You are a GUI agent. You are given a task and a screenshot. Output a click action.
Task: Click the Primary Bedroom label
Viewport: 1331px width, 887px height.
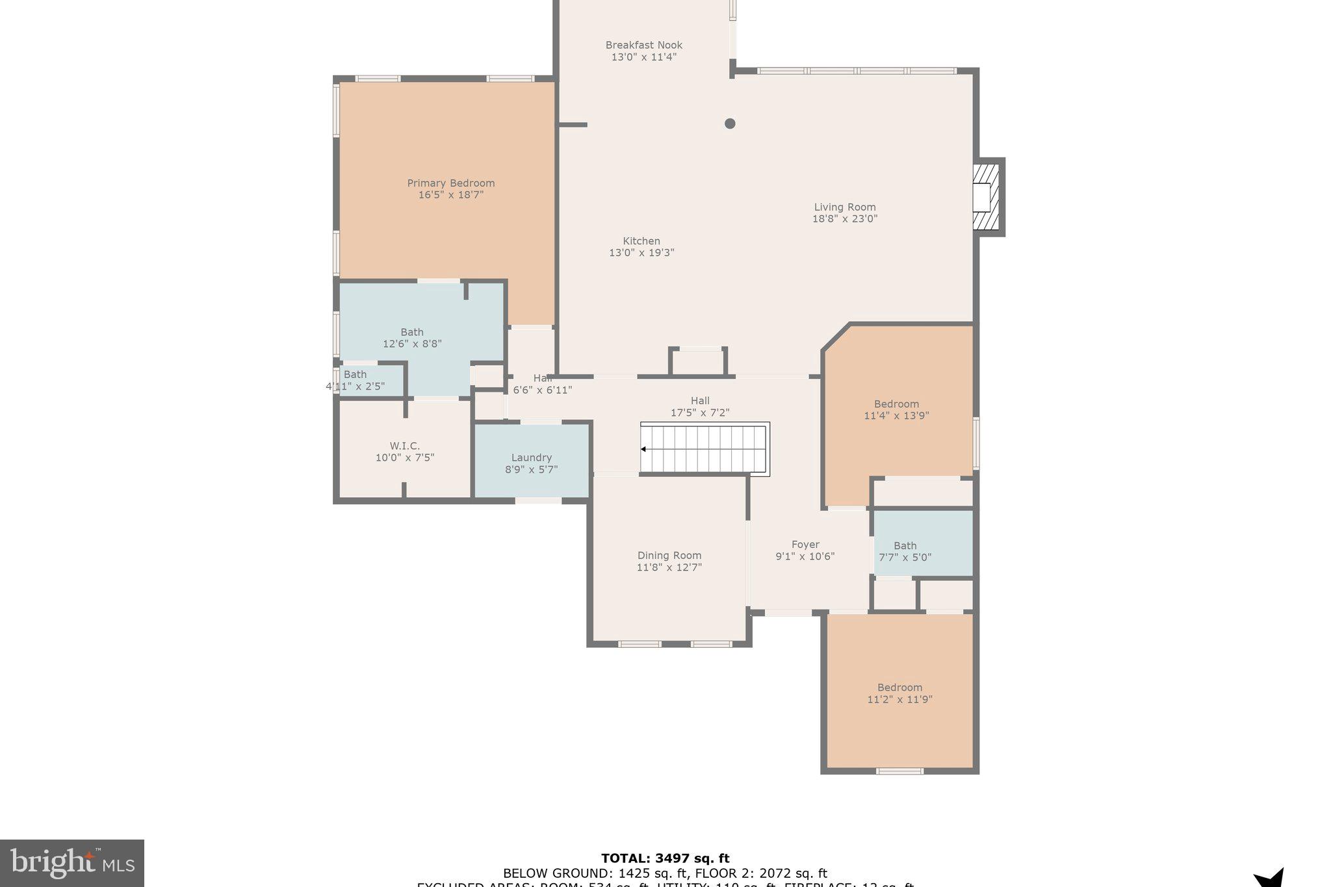click(450, 183)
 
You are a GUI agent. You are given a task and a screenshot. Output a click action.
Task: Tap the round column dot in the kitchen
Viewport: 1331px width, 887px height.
click(730, 123)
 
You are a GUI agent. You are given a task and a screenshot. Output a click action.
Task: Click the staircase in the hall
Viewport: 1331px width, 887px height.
click(704, 449)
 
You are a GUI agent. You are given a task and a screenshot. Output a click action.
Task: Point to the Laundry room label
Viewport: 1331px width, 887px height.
click(531, 457)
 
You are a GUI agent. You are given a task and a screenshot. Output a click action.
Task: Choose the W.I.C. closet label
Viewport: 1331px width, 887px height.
click(404, 446)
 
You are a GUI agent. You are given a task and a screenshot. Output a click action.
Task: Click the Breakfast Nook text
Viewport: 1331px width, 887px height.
click(643, 45)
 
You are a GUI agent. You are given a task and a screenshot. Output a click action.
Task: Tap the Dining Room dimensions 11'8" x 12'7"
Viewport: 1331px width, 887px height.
click(669, 567)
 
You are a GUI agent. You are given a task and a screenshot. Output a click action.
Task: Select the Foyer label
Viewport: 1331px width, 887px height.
click(805, 545)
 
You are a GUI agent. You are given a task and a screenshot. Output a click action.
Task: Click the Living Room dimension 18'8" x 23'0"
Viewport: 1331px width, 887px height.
click(844, 219)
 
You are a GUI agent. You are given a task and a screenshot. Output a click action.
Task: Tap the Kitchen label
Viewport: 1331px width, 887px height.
click(641, 241)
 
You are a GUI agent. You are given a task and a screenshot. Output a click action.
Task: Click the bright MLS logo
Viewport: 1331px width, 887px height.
click(72, 863)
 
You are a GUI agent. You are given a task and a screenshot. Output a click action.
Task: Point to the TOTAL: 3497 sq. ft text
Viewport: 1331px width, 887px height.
click(665, 858)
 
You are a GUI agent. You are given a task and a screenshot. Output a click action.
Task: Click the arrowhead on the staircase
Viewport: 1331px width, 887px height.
click(643, 449)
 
